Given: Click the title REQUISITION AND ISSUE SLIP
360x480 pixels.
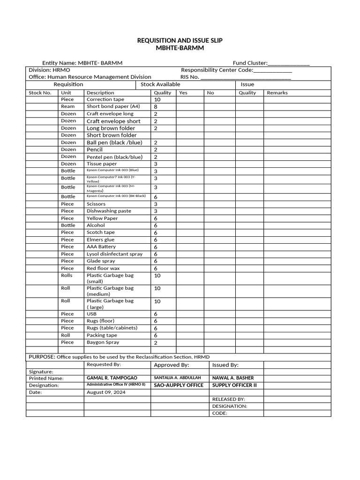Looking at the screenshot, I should [x=180, y=41].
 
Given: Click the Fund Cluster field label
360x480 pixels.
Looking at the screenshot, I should [x=250, y=63].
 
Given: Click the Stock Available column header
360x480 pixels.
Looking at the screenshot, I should [x=160, y=84].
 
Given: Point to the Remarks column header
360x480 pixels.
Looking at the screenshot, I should [x=277, y=93].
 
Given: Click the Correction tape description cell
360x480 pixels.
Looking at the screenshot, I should [x=105, y=99].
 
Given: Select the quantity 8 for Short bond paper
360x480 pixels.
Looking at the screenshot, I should [x=156, y=107].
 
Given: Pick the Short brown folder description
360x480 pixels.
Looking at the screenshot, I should [x=112, y=135].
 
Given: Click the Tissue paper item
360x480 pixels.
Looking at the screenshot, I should [x=102, y=164].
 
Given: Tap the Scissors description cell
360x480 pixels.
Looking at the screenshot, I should [x=96, y=204].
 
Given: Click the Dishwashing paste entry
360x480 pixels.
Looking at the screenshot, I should [x=109, y=211].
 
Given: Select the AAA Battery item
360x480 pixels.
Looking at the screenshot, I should [x=101, y=247].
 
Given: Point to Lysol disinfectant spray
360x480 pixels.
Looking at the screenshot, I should [x=114, y=254].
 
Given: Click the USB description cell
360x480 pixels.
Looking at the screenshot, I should [x=91, y=314].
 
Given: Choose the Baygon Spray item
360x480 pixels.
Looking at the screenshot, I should [x=103, y=342].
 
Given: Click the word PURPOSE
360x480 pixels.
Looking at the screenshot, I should [x=42, y=357].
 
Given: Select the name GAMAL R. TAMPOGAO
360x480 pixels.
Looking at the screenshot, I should [x=112, y=378].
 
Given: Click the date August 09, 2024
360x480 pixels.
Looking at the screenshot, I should [x=105, y=392].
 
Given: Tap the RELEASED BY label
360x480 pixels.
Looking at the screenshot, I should [x=228, y=399].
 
